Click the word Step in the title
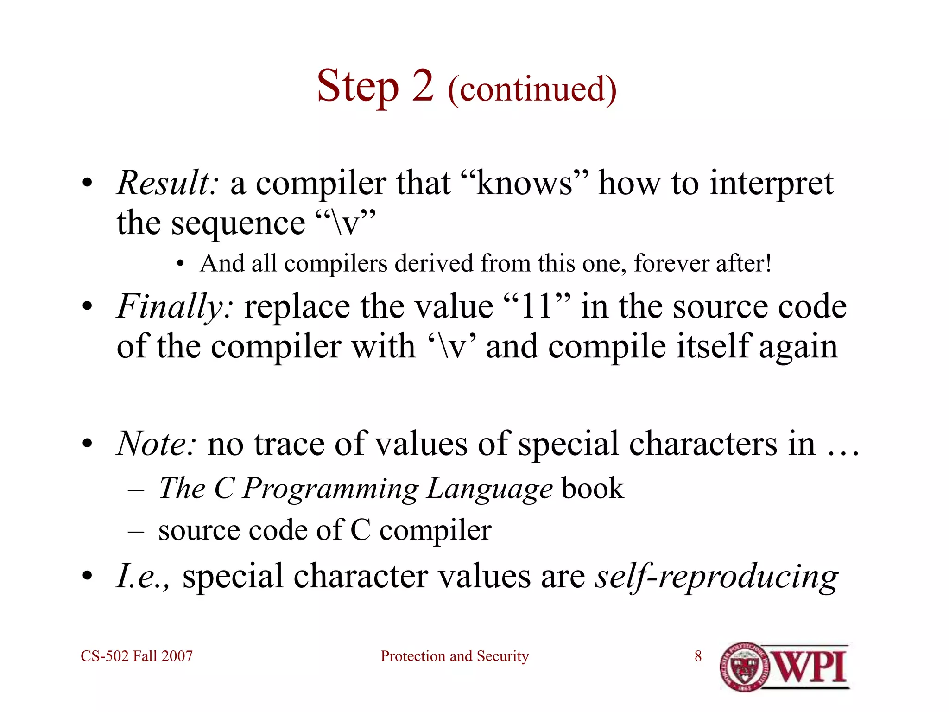click(x=357, y=87)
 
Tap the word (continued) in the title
click(x=532, y=89)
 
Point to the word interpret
click(x=771, y=184)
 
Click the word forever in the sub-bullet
click(x=671, y=263)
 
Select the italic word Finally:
click(x=175, y=307)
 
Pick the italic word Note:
click(x=157, y=444)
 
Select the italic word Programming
click(x=330, y=489)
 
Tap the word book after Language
click(x=592, y=489)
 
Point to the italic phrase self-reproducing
click(x=716, y=577)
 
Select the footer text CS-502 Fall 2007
click(x=137, y=656)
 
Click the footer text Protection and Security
click(x=455, y=656)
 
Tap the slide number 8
click(x=698, y=656)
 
